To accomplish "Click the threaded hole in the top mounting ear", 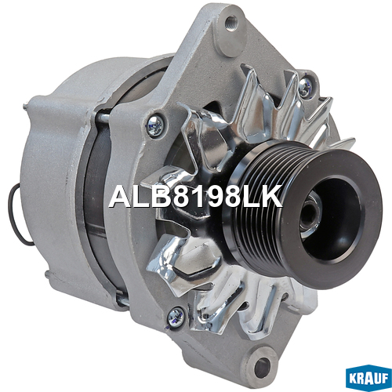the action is click(231, 20).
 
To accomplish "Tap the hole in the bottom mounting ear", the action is click(262, 364).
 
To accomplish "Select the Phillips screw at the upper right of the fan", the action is click(305, 86).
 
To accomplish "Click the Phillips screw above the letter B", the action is click(155, 125).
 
